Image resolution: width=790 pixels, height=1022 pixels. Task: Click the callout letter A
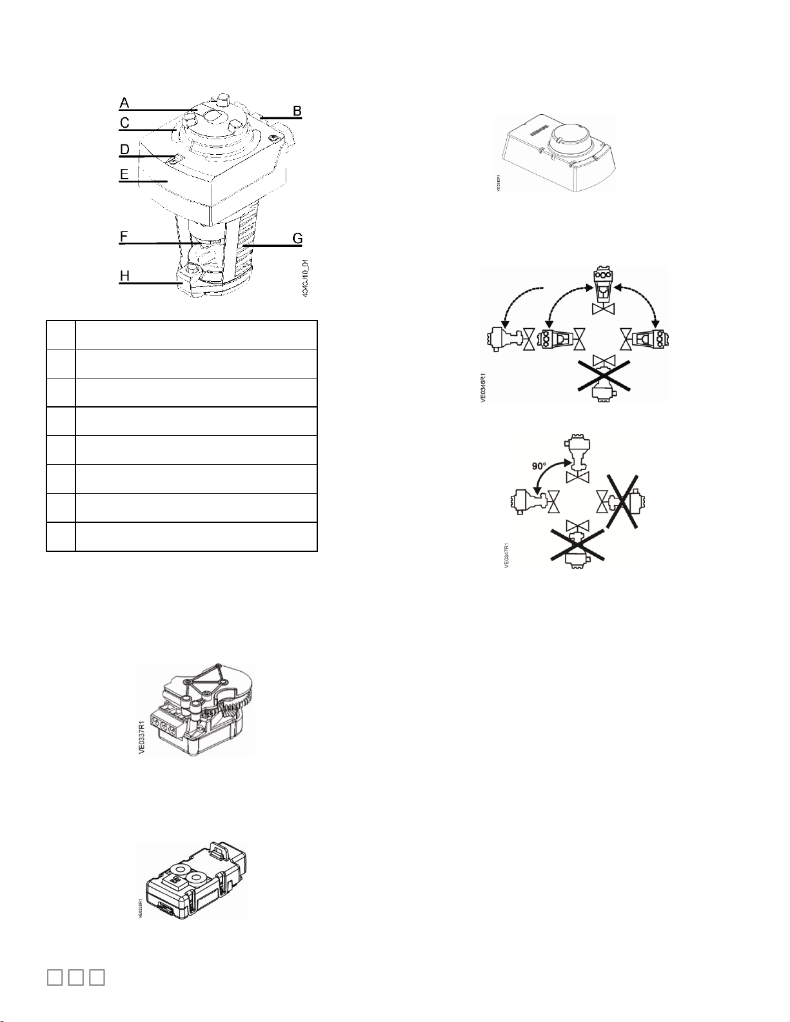[x=124, y=103]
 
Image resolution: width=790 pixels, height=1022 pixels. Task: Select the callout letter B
[x=297, y=110]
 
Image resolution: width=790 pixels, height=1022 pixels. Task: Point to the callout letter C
[x=124, y=123]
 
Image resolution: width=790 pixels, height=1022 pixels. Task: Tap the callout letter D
[x=124, y=150]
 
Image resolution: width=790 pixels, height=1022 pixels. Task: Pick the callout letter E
[x=124, y=174]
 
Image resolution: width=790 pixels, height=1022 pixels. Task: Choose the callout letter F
[x=124, y=237]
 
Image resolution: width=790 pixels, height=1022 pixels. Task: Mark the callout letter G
[x=297, y=239]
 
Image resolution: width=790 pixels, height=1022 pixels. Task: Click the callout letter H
[x=124, y=276]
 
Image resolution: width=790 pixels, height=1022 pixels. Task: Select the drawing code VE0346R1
[x=484, y=381]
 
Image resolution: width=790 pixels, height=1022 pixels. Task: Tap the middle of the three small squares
[x=76, y=977]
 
